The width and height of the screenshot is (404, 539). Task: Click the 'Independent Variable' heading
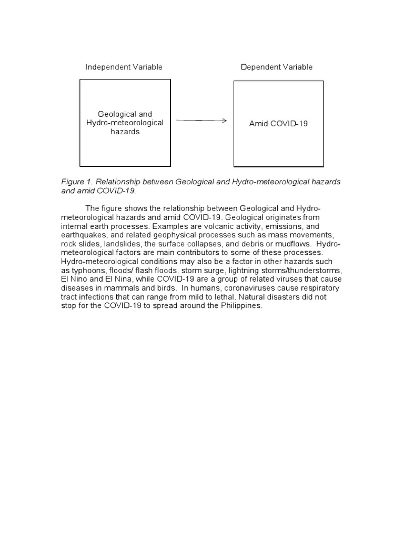tap(124, 67)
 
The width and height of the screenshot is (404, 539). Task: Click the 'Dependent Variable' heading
tap(276, 67)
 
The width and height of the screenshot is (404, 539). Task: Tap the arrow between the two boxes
tap(201, 121)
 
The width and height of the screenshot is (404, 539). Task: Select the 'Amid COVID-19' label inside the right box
tap(278, 124)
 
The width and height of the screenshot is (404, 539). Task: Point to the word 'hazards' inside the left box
tap(125, 132)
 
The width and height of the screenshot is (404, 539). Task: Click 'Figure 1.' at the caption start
tap(77, 182)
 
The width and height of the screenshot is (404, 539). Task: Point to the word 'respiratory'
tap(318, 288)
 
